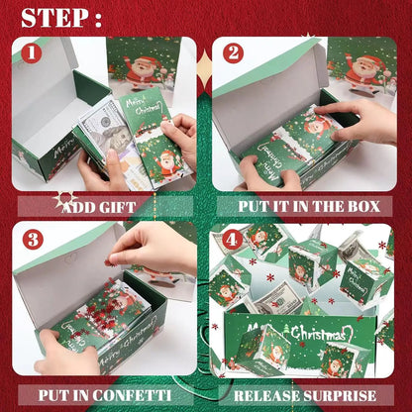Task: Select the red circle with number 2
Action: click(x=234, y=53)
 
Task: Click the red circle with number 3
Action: click(x=32, y=239)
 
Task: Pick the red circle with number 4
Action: click(x=232, y=239)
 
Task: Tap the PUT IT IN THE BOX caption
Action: click(x=309, y=207)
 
